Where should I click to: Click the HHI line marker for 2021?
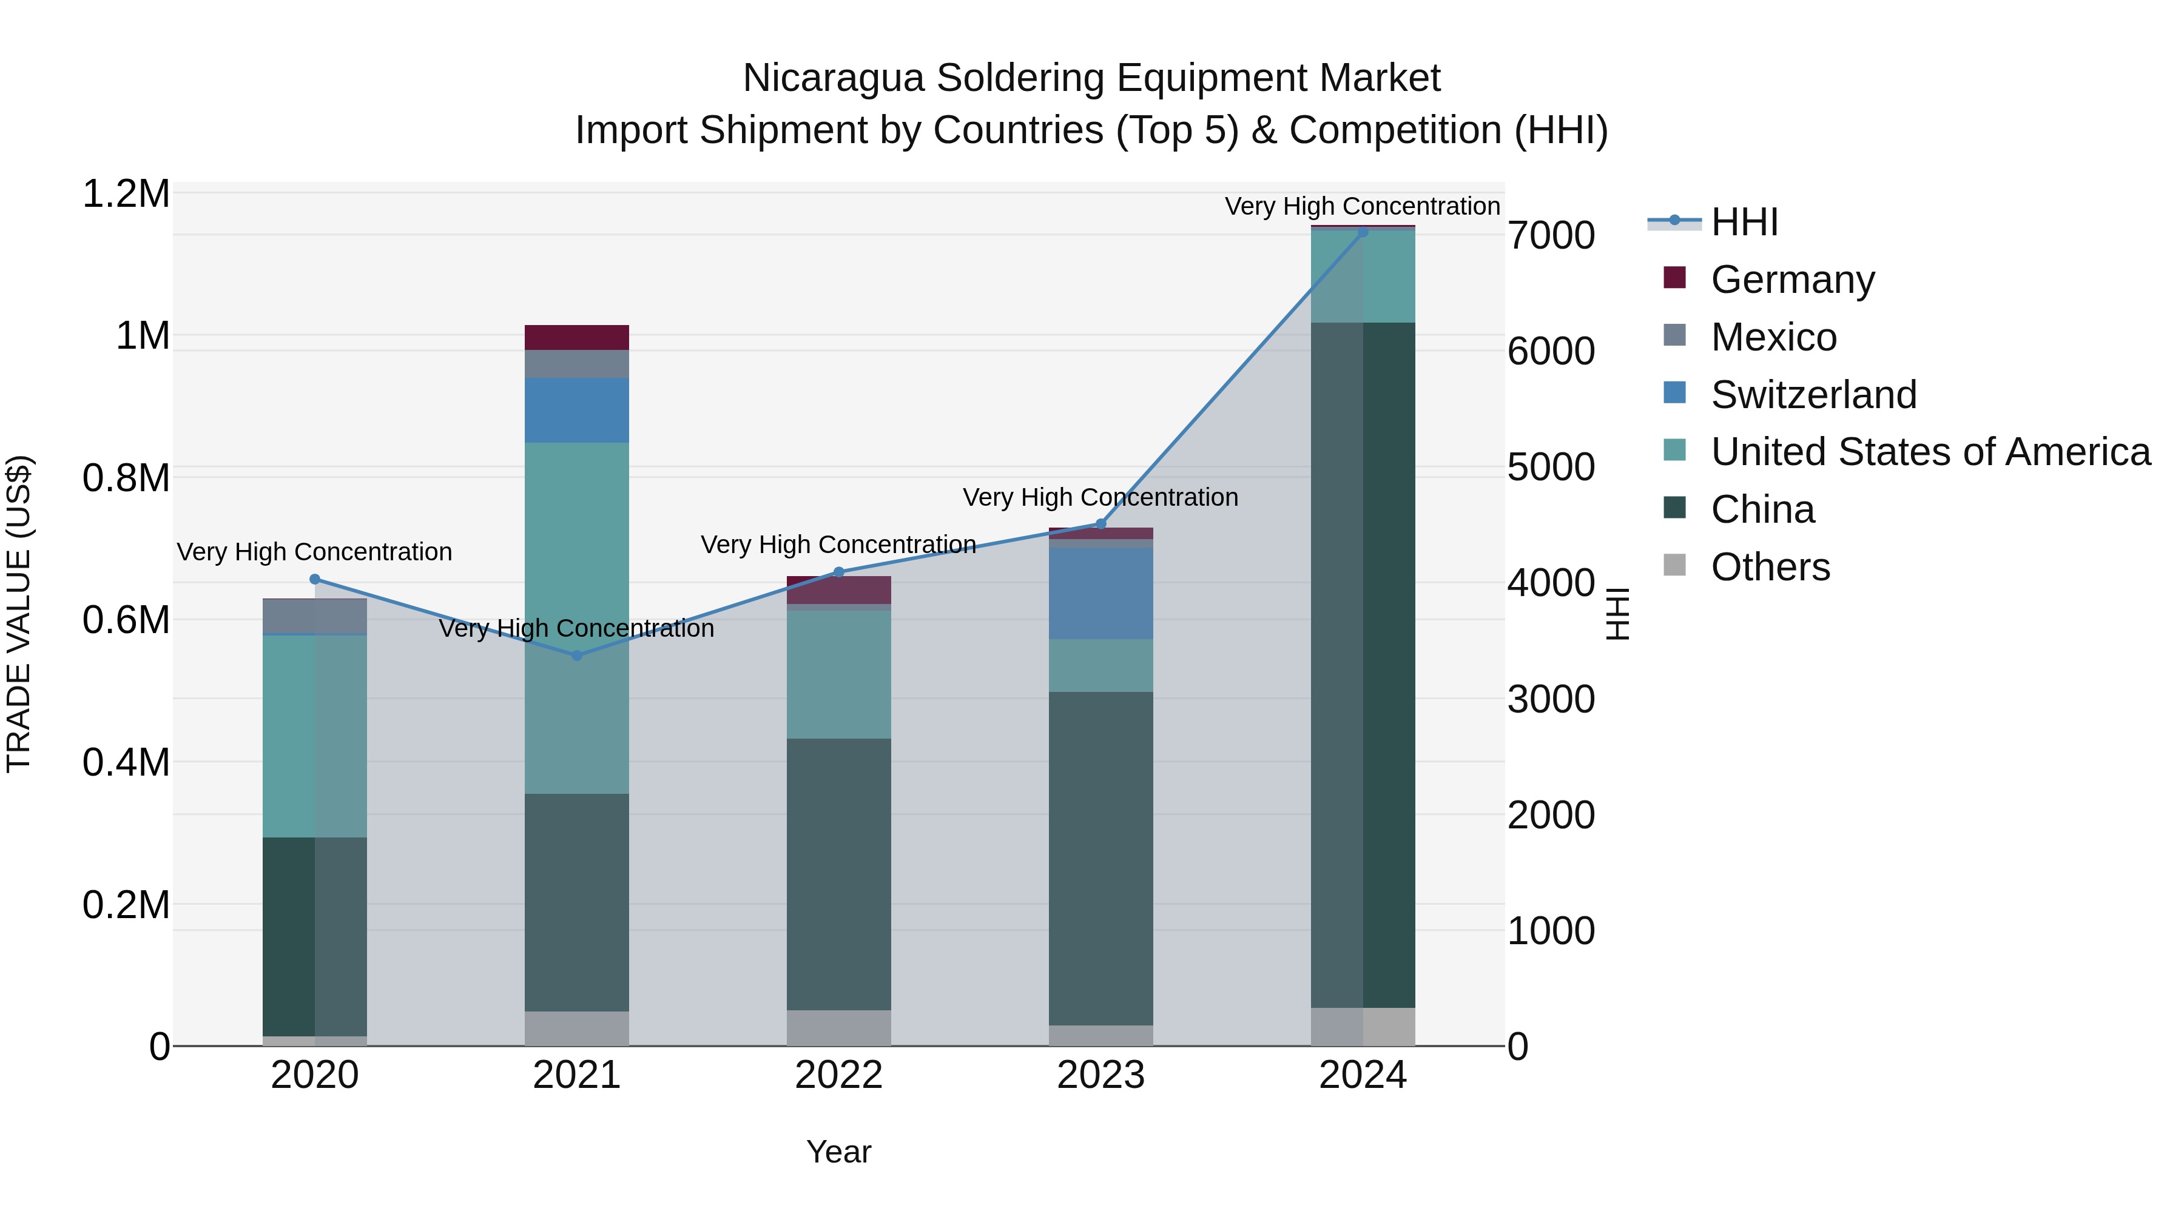[x=576, y=655]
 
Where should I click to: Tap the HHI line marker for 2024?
[x=1363, y=232]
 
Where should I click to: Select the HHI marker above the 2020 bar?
[x=314, y=580]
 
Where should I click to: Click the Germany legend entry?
[x=1791, y=280]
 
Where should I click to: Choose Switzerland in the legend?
[x=1813, y=395]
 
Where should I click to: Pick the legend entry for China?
[x=1762, y=510]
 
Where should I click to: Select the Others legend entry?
[x=1770, y=567]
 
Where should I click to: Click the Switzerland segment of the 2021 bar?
[x=576, y=410]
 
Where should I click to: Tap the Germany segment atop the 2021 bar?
[x=576, y=337]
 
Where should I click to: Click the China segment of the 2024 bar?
[x=1363, y=665]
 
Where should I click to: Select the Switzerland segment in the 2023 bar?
[x=1100, y=593]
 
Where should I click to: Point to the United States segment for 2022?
[x=838, y=674]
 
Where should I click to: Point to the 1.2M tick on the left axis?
[x=126, y=194]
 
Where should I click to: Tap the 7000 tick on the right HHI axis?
[x=1551, y=236]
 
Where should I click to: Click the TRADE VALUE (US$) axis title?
[x=19, y=614]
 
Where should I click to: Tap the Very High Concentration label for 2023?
[x=1100, y=497]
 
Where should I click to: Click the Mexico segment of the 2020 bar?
[x=314, y=616]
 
